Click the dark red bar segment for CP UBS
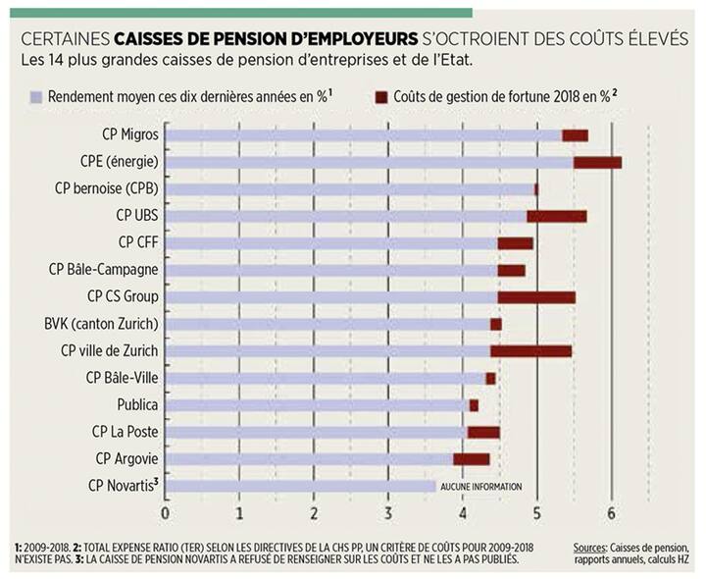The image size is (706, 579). pyautogui.click(x=556, y=216)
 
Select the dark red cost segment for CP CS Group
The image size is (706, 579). pyautogui.click(x=536, y=296)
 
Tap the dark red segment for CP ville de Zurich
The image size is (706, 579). pyautogui.click(x=530, y=350)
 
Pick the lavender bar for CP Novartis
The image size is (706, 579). pyautogui.click(x=300, y=485)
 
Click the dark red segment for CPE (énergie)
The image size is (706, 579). pyautogui.click(x=597, y=162)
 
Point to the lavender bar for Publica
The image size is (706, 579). pyautogui.click(x=317, y=404)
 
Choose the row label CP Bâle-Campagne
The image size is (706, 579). pyautogui.click(x=104, y=270)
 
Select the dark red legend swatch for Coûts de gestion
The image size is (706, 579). pyautogui.click(x=382, y=97)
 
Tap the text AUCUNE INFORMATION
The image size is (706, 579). pyautogui.click(x=481, y=486)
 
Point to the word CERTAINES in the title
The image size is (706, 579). pyautogui.click(x=65, y=38)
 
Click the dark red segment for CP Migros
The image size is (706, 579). pyautogui.click(x=575, y=135)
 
